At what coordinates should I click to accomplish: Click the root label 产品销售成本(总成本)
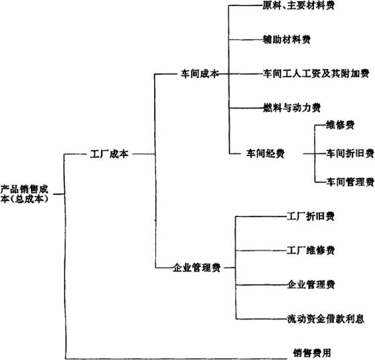coord(24,194)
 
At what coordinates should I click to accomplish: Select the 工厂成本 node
coord(109,154)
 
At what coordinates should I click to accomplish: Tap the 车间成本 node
coord(200,74)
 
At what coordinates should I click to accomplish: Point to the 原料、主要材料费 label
coord(298,5)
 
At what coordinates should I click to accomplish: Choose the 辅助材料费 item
coord(287,40)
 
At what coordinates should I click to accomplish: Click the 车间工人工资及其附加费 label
coord(316,74)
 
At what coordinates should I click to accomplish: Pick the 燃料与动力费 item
coord(292,108)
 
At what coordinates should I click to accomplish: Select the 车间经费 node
coord(265,154)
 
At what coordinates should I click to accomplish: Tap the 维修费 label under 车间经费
coord(340,125)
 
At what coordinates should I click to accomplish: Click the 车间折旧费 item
coord(350,154)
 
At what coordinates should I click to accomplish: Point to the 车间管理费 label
coord(350,182)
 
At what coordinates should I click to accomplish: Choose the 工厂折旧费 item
coord(311,217)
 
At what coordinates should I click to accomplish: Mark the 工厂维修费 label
coord(311,251)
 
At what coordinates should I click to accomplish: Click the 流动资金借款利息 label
coord(325,319)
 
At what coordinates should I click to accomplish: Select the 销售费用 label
coord(312,353)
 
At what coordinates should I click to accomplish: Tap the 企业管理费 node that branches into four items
coord(196,268)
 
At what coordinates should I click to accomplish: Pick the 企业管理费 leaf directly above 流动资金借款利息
coord(311,285)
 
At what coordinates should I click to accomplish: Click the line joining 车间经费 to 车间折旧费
coord(315,154)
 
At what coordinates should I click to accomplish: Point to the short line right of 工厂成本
coord(144,154)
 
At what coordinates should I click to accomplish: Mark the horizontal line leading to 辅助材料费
coord(246,40)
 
